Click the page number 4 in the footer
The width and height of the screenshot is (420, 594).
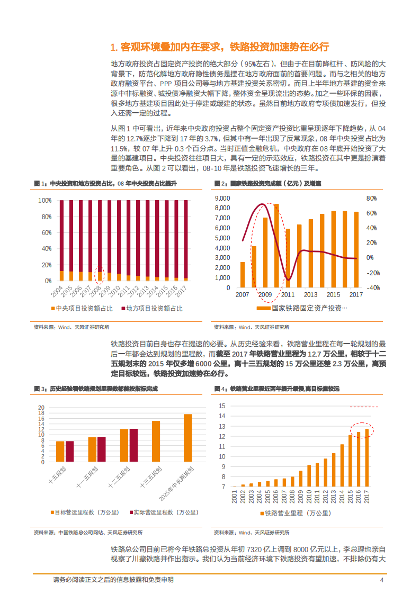(x=381, y=580)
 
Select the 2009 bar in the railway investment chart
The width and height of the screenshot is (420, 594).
(x=265, y=254)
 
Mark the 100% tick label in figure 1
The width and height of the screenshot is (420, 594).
(x=45, y=201)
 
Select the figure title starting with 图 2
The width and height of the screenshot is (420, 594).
(x=267, y=183)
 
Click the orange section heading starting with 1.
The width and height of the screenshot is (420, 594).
(x=220, y=47)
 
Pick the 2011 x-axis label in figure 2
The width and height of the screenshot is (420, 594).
(x=288, y=294)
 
